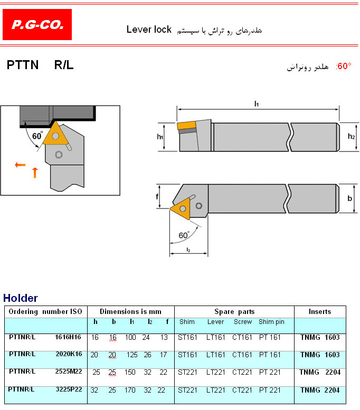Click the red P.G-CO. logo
pos(37,25)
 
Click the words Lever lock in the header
pos(149,30)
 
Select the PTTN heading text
pos(23,65)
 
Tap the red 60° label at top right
pos(344,66)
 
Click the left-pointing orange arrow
pos(20,165)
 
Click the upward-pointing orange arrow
pos(35,173)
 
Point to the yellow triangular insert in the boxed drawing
pos(55,134)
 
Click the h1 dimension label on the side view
pos(160,137)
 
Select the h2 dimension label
pos(351,136)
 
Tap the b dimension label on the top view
pos(350,198)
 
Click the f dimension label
pos(157,196)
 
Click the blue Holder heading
pos(21,298)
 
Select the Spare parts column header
pos(234,312)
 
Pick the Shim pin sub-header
pos(271,322)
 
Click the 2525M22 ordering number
pos(69,371)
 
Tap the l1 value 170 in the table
pos(130,390)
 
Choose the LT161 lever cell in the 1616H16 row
pos(215,338)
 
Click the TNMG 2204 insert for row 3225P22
pos(320,390)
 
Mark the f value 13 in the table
pos(164,338)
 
